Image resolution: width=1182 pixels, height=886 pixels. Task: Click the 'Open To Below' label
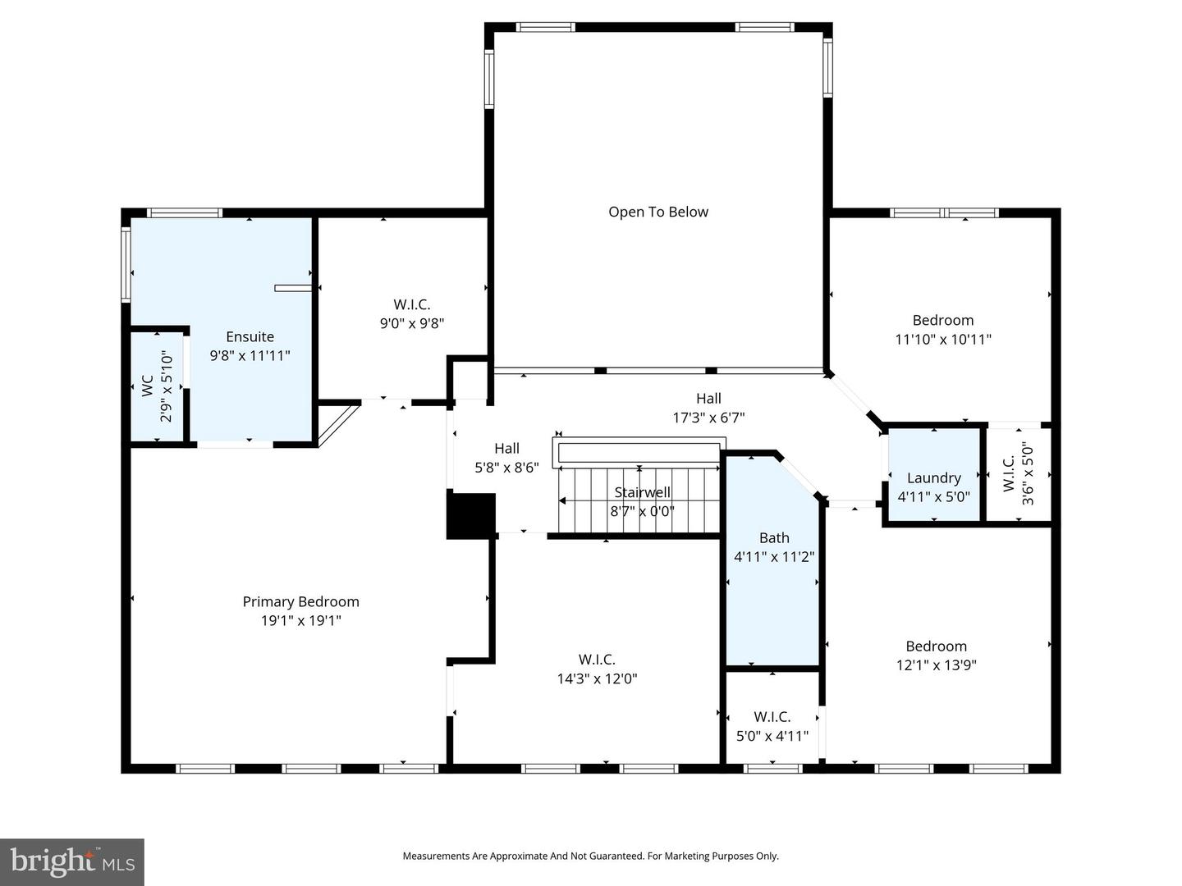[657, 212]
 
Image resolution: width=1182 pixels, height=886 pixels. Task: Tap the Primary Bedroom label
[300, 601]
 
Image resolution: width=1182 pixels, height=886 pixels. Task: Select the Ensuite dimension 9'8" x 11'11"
[250, 355]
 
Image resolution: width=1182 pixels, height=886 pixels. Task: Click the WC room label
[148, 386]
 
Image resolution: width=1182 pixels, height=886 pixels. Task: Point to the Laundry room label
[933, 477]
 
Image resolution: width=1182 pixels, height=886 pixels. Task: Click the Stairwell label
[642, 492]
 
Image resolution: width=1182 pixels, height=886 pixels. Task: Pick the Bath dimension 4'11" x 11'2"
[773, 556]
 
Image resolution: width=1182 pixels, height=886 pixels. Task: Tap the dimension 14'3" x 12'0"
[597, 678]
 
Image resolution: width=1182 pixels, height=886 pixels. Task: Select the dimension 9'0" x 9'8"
[411, 323]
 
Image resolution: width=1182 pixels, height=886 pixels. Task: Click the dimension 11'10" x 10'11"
[942, 339]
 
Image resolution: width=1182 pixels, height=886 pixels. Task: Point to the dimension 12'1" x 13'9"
[936, 665]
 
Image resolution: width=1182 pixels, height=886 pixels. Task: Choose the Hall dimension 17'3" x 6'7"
[708, 418]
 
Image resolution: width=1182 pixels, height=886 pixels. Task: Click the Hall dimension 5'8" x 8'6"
[506, 468]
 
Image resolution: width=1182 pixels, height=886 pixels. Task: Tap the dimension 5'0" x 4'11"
[772, 736]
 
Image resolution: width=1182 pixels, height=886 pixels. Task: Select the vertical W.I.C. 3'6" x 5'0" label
[1018, 474]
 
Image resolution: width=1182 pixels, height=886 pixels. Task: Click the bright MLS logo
[72, 861]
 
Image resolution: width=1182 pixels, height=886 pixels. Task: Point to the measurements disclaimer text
[590, 856]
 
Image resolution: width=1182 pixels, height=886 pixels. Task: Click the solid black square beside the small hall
[470, 516]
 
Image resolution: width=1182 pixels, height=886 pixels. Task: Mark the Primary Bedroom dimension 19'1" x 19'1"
[300, 621]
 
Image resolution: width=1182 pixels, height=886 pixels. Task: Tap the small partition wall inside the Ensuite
[293, 288]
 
